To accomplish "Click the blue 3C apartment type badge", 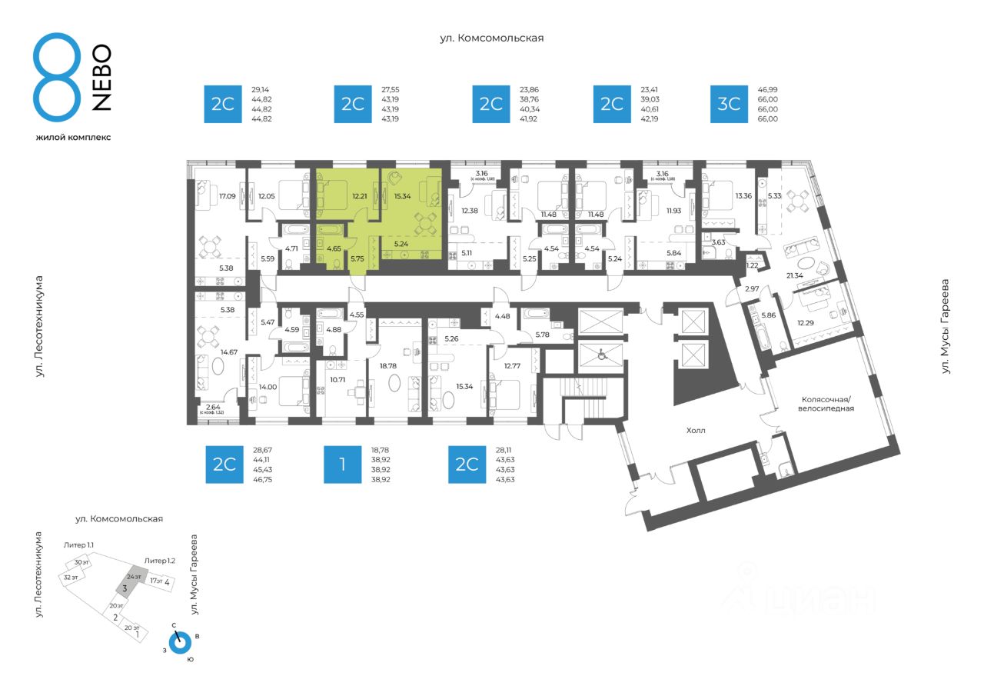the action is pyautogui.click(x=729, y=104).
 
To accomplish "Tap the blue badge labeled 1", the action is pyautogui.click(x=343, y=464).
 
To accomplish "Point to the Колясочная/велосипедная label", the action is pyautogui.click(x=827, y=404).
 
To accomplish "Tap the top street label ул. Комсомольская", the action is pyautogui.click(x=491, y=38).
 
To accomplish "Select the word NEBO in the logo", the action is pyautogui.click(x=101, y=78).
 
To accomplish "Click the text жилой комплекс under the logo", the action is pyautogui.click(x=73, y=138).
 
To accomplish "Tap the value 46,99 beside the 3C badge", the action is pyautogui.click(x=768, y=90).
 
